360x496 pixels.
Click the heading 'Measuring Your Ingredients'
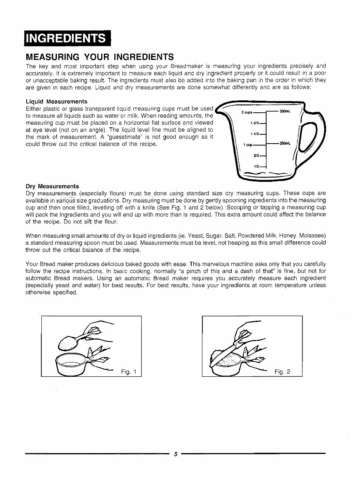point(100,57)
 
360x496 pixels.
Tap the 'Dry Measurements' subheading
point(52,186)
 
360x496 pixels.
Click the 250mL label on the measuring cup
point(285,144)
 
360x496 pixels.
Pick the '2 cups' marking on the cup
point(247,113)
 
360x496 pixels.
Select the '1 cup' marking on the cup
point(247,145)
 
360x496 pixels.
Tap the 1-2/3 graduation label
point(255,123)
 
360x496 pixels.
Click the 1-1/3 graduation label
point(255,134)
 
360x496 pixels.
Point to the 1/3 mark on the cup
point(256,166)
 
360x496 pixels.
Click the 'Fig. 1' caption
point(129,372)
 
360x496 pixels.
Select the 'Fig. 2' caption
point(282,372)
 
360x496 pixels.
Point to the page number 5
point(175,454)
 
